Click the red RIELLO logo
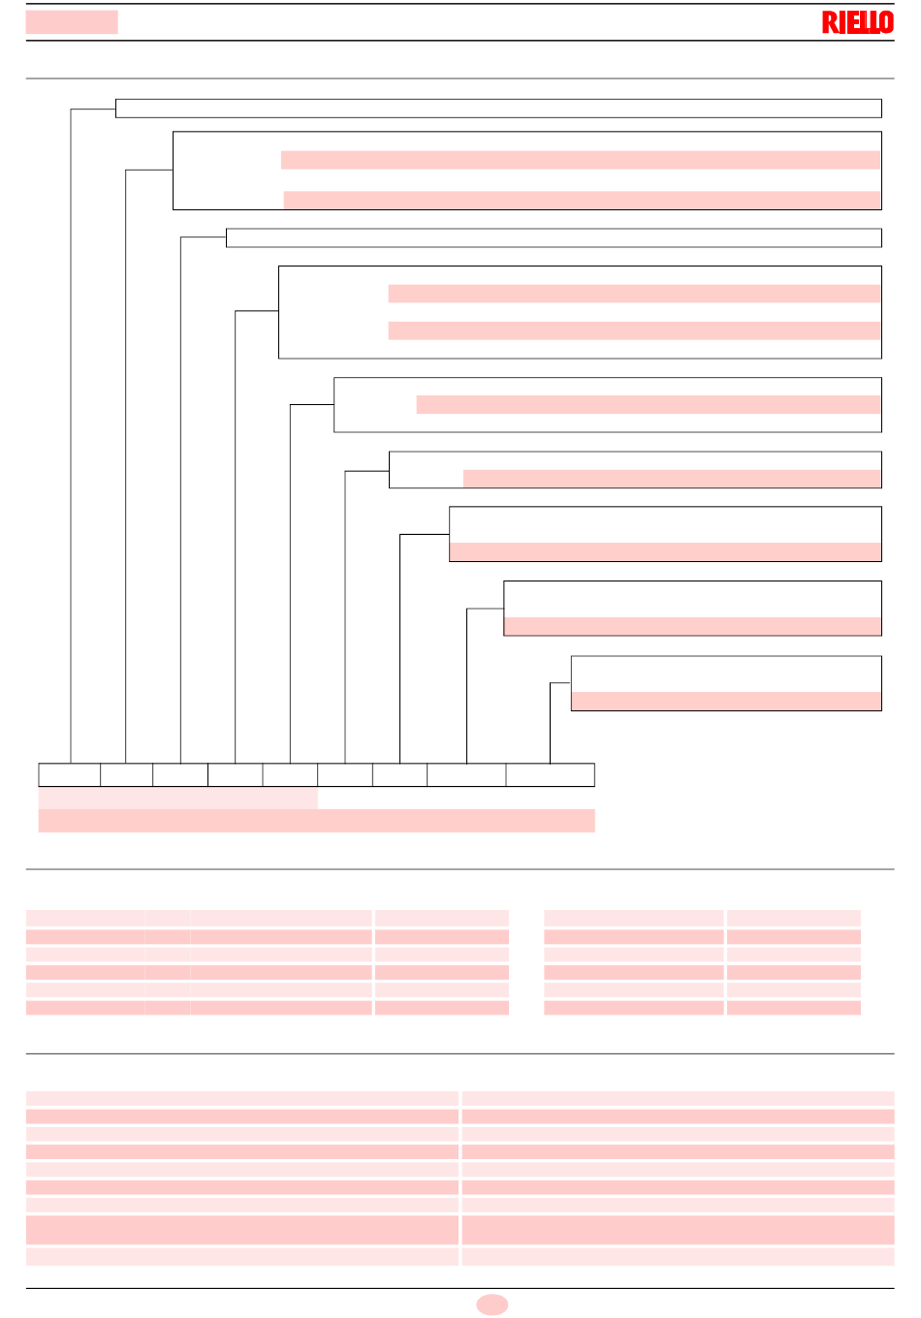coord(857,22)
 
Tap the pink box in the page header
coord(72,21)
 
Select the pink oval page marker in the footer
coord(492,1304)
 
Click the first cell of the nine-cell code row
coord(70,774)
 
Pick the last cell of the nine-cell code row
coord(551,774)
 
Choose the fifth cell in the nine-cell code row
coord(290,774)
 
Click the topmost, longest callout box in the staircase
coord(498,109)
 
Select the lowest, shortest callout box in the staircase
coord(726,683)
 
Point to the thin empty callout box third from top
coord(554,237)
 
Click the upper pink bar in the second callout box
coord(581,160)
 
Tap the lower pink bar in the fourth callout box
coord(634,330)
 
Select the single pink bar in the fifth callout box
coord(649,404)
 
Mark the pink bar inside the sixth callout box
coord(672,479)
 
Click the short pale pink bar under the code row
coord(178,798)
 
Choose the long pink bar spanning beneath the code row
coord(317,821)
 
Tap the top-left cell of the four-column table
coord(85,918)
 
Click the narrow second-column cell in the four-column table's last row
coord(168,1008)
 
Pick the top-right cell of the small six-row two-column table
coord(794,918)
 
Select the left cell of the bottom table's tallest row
coord(241,1230)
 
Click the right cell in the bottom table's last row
coord(678,1257)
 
